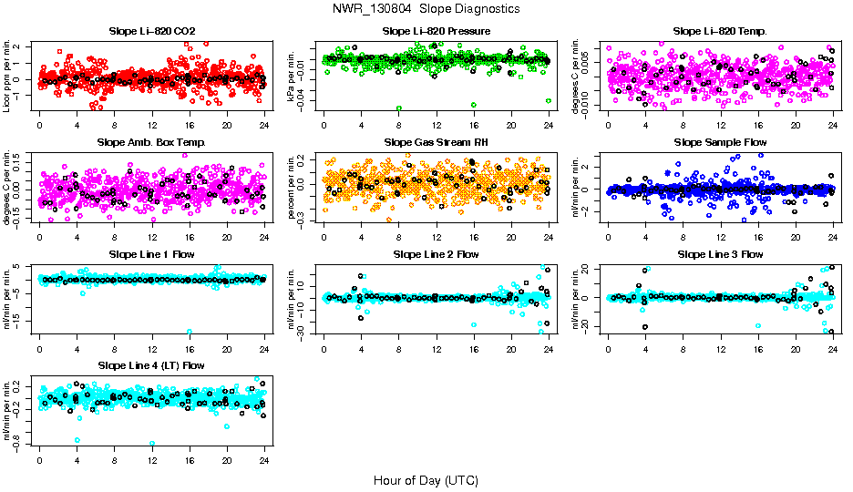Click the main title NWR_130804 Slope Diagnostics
426,8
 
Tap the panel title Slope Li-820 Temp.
720,32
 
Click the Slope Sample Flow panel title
720,143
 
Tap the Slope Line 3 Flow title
720,254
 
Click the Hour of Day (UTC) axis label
426,480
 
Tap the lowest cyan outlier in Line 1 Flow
189,332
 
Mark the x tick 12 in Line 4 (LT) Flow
151,460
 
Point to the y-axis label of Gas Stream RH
292,187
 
